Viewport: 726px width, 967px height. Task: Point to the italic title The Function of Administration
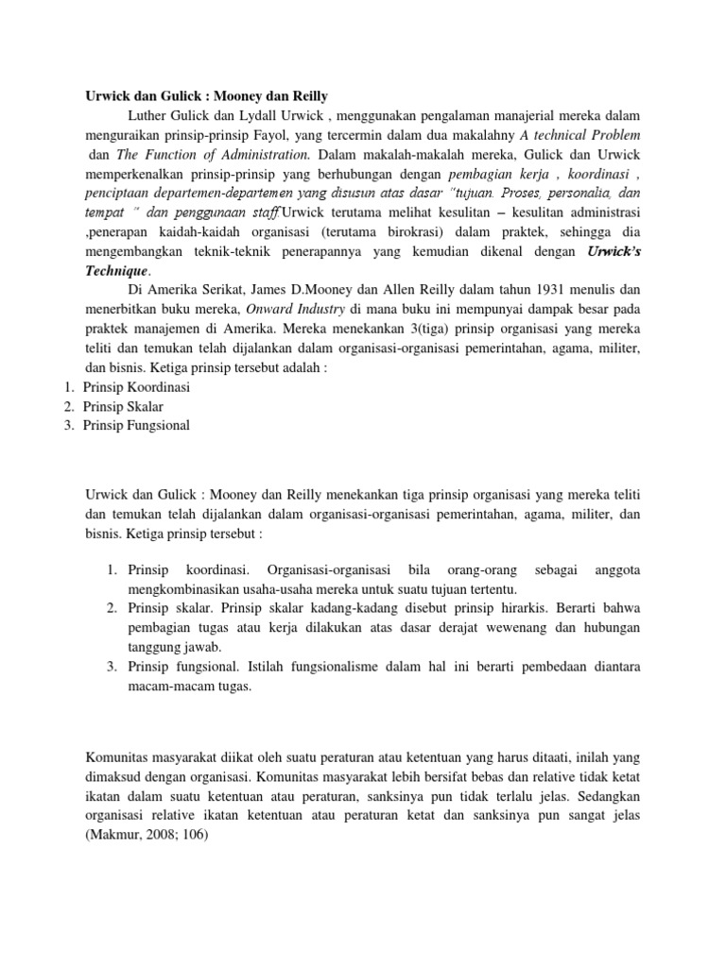[214, 153]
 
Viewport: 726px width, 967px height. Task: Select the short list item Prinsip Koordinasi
[137, 386]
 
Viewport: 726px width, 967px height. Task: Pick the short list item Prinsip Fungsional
[136, 425]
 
